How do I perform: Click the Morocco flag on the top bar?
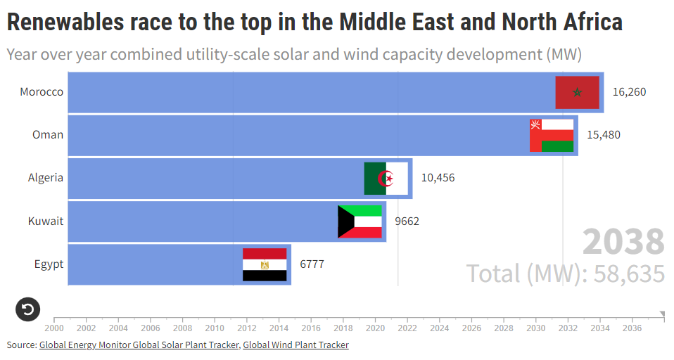577,92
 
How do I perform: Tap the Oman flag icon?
552,135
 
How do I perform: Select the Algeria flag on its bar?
386,178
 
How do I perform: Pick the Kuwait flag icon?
360,221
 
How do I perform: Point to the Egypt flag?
265,264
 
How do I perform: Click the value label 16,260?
629,92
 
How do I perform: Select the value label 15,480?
604,135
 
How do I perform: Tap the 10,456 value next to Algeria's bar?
438,178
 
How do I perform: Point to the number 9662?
407,221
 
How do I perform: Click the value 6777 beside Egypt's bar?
312,264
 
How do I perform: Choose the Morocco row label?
42,92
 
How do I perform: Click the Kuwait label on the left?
46,221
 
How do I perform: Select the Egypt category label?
49,264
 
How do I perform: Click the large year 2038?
623,242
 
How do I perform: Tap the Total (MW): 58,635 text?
566,273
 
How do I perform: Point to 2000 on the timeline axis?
54,328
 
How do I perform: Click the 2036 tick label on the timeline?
632,328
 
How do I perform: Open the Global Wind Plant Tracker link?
295,345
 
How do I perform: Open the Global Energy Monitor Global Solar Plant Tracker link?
139,345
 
